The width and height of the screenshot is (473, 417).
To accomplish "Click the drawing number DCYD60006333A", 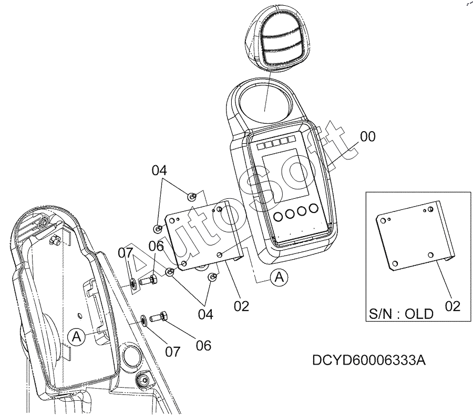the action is [368, 360].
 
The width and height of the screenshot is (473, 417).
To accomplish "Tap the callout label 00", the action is [368, 137].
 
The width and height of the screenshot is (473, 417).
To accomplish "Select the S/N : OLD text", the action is [401, 314].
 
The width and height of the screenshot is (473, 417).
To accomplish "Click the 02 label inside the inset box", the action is [453, 306].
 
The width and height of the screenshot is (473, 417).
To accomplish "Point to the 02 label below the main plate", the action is [241, 306].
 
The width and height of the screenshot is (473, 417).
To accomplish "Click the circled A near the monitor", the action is [280, 276].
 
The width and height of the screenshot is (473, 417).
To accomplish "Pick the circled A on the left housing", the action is [77, 336].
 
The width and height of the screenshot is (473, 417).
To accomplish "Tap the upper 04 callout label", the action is [159, 170].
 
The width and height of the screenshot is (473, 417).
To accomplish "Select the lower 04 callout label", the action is [205, 314].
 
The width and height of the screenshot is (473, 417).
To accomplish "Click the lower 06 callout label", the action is [203, 345].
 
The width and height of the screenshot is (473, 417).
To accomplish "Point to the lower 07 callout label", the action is [172, 351].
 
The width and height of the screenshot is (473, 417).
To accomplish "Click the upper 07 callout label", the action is [125, 253].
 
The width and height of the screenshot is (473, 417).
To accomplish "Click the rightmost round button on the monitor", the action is [314, 208].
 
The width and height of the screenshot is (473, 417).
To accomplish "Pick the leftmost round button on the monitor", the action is [278, 216].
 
